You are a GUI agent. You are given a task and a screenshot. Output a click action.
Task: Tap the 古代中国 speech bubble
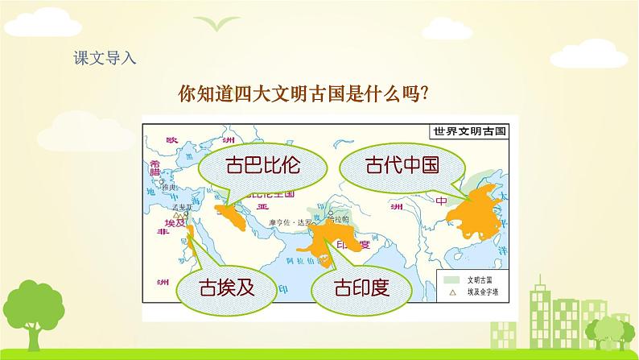pos(402,167)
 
